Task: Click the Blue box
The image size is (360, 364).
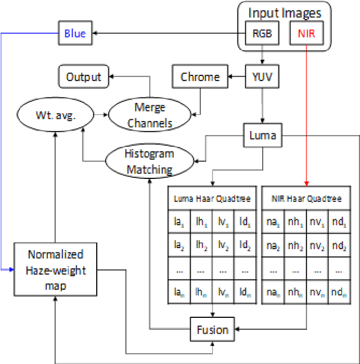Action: point(75,34)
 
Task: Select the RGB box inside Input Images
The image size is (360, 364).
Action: point(262,34)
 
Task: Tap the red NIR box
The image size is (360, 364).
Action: point(306,34)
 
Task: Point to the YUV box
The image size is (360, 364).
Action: point(262,77)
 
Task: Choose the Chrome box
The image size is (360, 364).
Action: point(200,77)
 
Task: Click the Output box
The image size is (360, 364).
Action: point(83,77)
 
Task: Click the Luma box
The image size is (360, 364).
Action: point(262,136)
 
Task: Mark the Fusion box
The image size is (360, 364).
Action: point(213,329)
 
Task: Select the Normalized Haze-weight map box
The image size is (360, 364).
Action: point(56,270)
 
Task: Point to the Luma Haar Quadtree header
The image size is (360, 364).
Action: point(212,199)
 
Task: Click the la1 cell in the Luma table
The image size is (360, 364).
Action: point(179,222)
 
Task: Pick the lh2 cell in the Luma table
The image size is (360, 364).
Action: point(201,245)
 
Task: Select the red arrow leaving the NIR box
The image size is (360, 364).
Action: point(306,113)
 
